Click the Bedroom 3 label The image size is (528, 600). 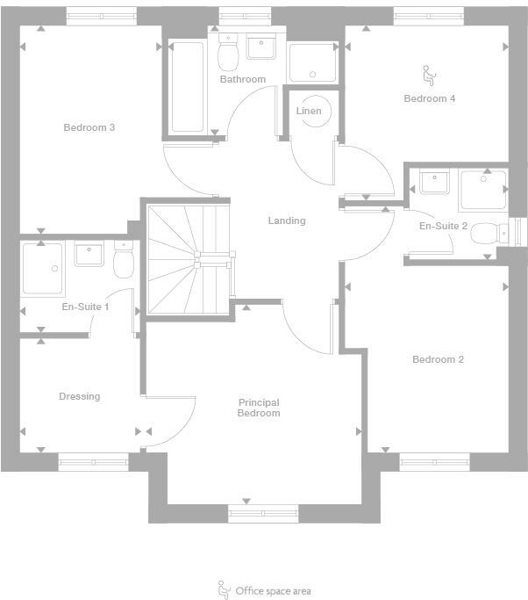pyautogui.click(x=89, y=127)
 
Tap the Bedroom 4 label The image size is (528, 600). pyautogui.click(x=429, y=98)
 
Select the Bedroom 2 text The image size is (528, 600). pyautogui.click(x=438, y=359)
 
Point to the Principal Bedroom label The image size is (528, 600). pyautogui.click(x=259, y=408)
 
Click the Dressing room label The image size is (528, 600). pyautogui.click(x=79, y=396)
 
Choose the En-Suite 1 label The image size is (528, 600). pyautogui.click(x=85, y=307)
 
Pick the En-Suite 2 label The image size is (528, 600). pyautogui.click(x=443, y=226)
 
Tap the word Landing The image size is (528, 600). pyautogui.click(x=287, y=220)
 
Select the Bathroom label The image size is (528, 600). pyautogui.click(x=242, y=79)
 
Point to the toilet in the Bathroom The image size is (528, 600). pyautogui.click(x=228, y=54)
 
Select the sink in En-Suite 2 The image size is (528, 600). pyautogui.click(x=434, y=183)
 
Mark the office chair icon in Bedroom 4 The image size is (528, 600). pyautogui.click(x=428, y=73)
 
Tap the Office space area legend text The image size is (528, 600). pyautogui.click(x=273, y=591)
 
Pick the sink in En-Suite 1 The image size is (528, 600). pyautogui.click(x=89, y=254)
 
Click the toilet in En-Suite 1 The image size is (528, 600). pyautogui.click(x=123, y=262)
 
